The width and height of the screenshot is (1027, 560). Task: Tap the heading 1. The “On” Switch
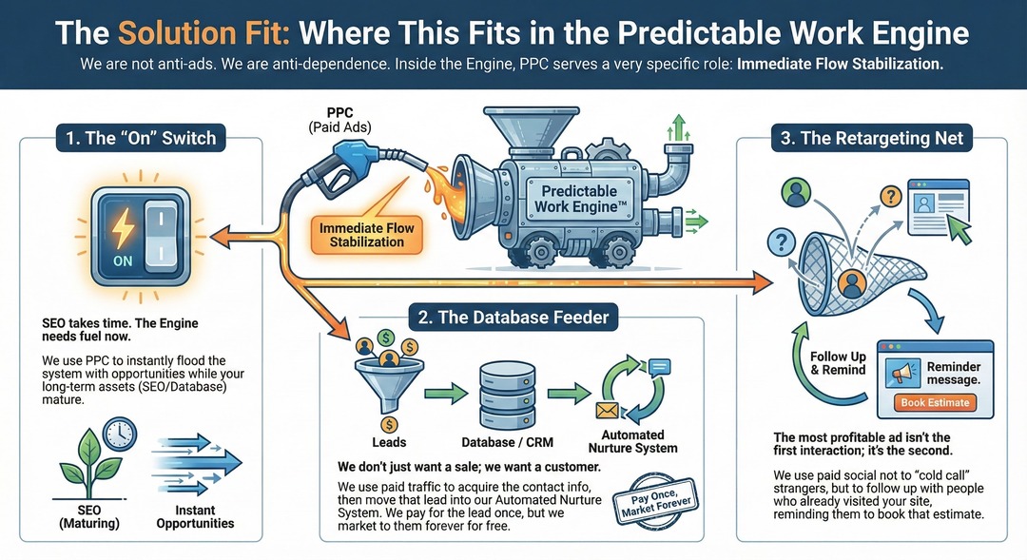click(x=140, y=138)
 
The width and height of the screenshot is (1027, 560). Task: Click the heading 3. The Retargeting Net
click(x=872, y=138)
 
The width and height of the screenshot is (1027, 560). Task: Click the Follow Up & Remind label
click(x=838, y=363)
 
